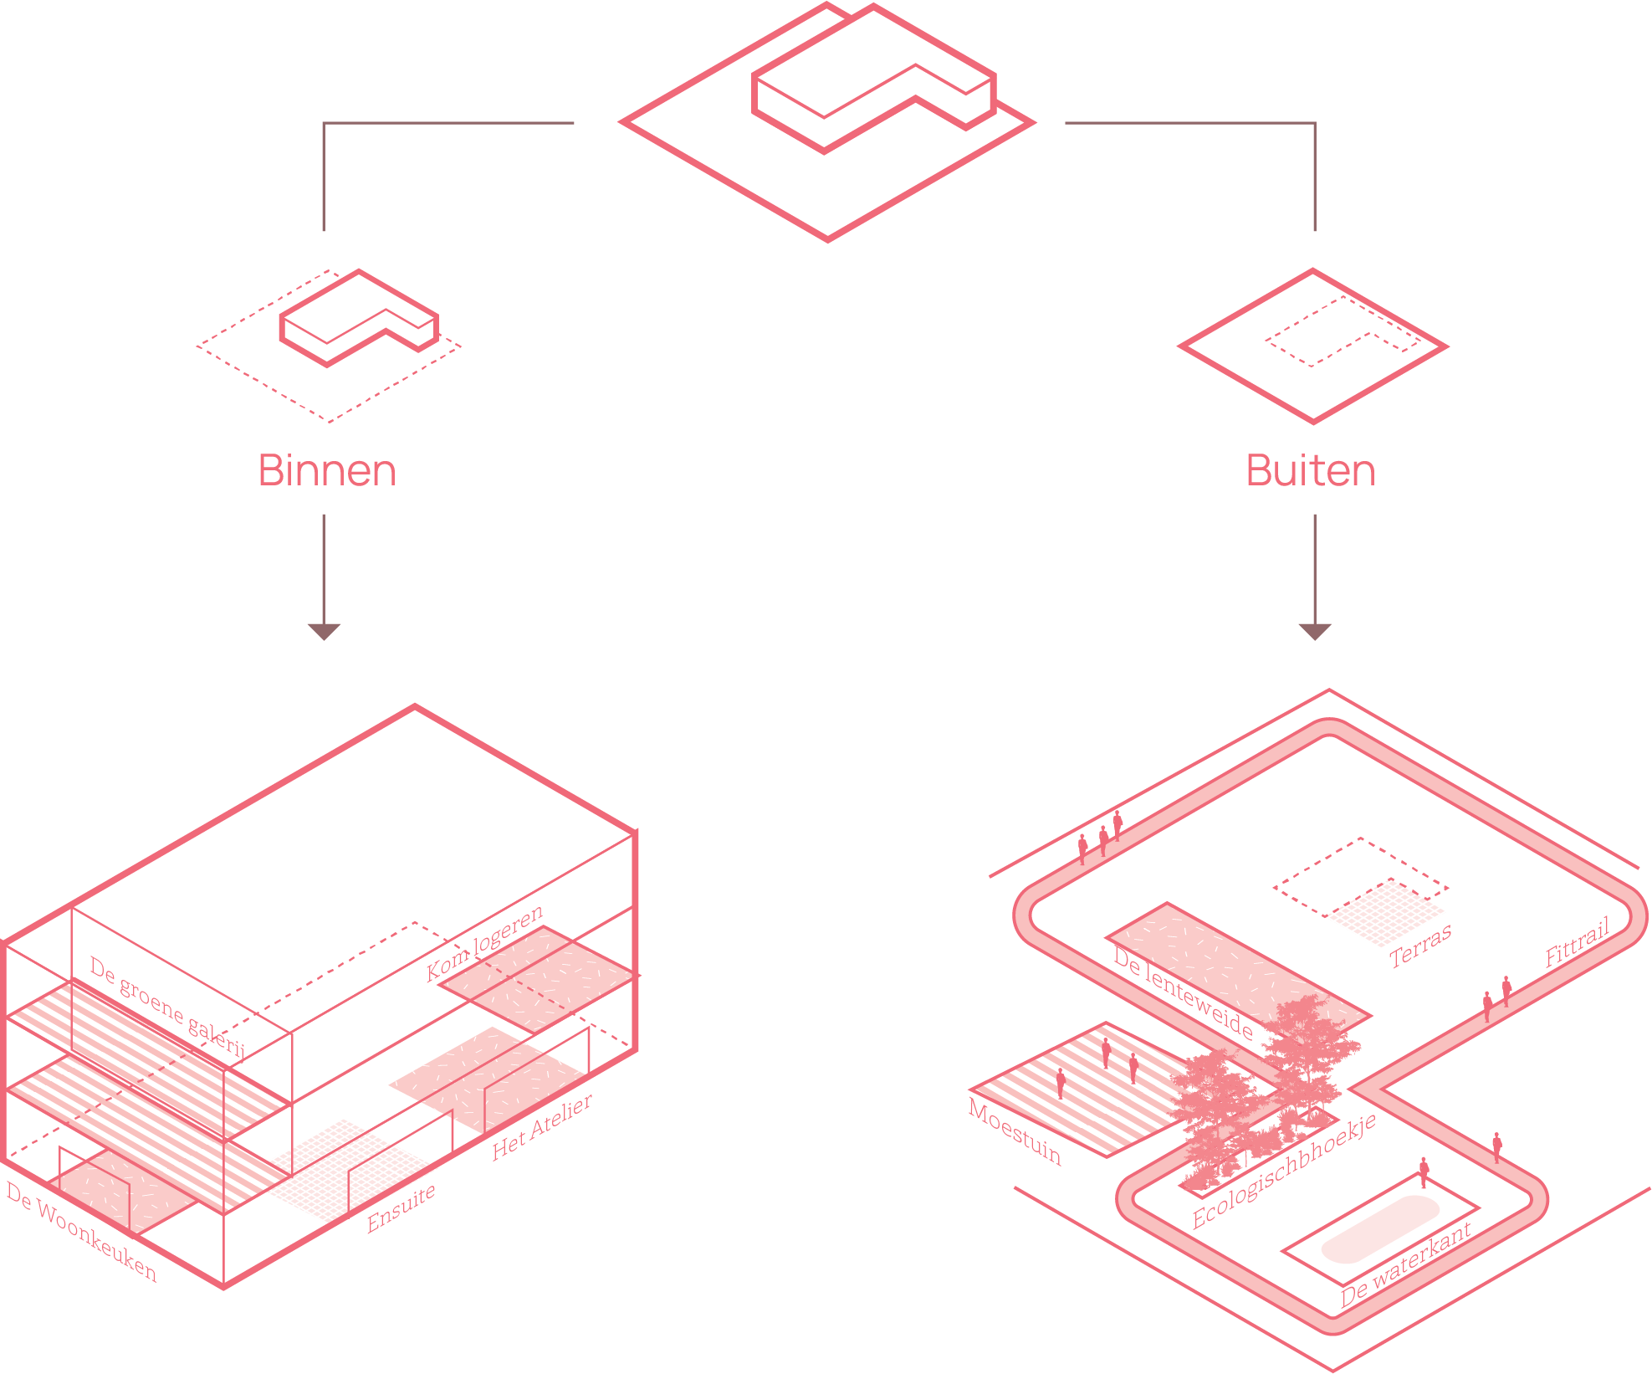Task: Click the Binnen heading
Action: tap(327, 470)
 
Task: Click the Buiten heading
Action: tap(1310, 470)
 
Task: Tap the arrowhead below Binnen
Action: tap(324, 631)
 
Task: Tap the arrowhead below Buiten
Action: tap(1314, 631)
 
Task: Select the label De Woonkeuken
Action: tap(81, 1231)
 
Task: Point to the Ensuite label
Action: tap(401, 1207)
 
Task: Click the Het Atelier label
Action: tap(542, 1126)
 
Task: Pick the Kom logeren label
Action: tap(484, 942)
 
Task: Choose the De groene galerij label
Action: tap(167, 1007)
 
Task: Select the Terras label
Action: tap(1420, 946)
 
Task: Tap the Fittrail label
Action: tap(1578, 943)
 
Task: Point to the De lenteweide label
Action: tap(1183, 992)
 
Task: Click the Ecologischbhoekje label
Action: tap(1284, 1171)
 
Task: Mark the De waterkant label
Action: tap(1405, 1264)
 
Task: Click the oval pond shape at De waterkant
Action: tap(1380, 1228)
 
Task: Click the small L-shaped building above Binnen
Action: tap(358, 317)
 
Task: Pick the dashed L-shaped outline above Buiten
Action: tap(1343, 331)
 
